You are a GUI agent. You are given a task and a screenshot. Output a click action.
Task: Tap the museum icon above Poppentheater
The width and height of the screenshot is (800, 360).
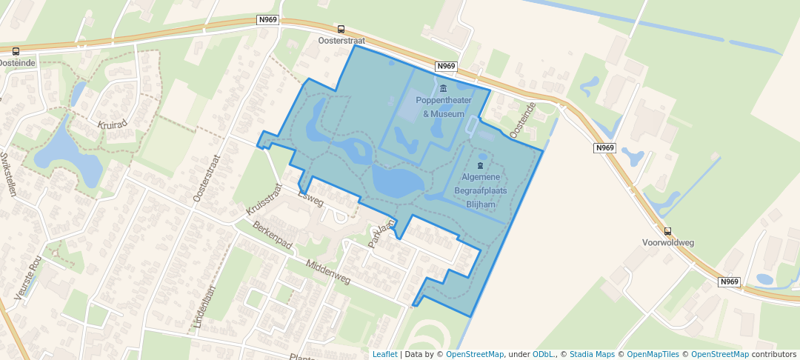[443, 90]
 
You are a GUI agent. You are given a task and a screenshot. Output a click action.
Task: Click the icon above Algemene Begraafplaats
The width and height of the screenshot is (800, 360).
[480, 164]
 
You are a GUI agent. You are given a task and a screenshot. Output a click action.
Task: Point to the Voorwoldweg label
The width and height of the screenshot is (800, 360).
[667, 242]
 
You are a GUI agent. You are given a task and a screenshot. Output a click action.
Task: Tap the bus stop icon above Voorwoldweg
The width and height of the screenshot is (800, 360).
[667, 231]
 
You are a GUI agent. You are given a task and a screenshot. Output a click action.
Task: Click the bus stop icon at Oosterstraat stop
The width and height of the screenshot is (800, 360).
[341, 30]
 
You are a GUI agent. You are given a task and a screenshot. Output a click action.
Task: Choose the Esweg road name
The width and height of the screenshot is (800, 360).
[310, 198]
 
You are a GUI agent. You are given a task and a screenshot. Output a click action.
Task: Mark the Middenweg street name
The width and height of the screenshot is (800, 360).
[327, 272]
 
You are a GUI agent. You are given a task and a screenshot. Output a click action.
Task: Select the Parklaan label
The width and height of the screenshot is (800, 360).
[379, 235]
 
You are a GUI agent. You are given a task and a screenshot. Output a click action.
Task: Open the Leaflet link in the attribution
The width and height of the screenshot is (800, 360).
[384, 354]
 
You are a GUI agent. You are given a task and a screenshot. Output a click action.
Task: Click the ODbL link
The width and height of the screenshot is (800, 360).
[542, 354]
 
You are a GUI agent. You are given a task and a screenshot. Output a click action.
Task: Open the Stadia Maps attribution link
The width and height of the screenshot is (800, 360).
[592, 354]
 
